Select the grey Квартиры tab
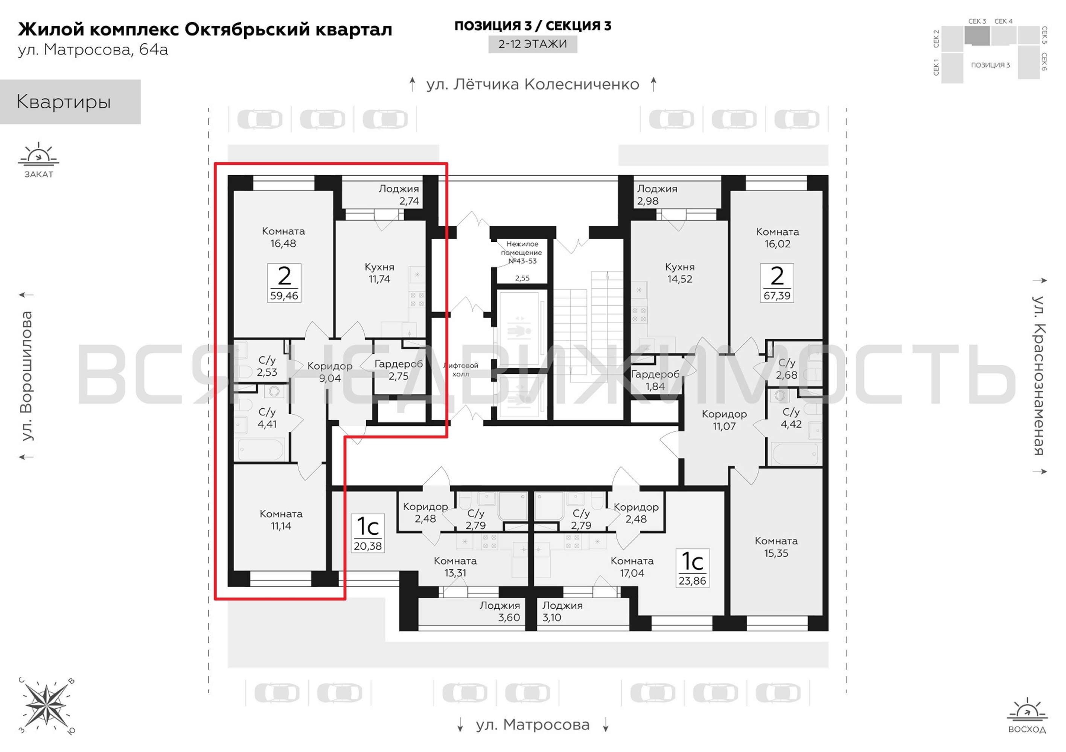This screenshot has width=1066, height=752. [70, 102]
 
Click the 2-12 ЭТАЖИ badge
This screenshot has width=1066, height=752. [533, 44]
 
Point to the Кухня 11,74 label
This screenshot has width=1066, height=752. [379, 273]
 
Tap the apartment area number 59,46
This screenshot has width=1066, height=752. [284, 296]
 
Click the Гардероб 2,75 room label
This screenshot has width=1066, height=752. [398, 370]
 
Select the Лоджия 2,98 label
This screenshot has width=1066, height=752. [657, 195]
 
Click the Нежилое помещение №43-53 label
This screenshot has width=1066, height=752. [522, 252]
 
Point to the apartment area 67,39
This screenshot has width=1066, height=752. [777, 296]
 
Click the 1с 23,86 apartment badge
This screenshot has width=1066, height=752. [692, 568]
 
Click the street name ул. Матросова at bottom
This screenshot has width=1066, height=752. [533, 724]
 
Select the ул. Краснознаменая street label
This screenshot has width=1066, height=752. [1039, 375]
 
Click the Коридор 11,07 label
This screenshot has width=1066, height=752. [724, 420]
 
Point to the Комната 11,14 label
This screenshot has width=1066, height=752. [281, 520]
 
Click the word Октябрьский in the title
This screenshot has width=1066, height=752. [247, 29]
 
